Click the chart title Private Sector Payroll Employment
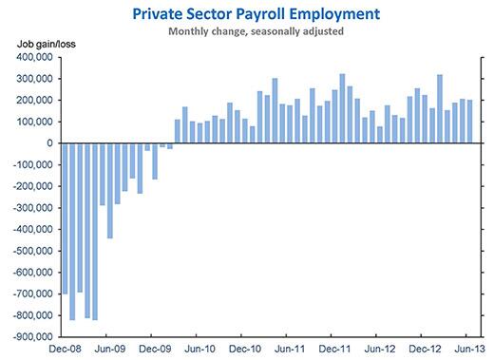[x=246, y=13]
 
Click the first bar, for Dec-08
[x=65, y=218]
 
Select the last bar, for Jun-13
[x=470, y=122]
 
